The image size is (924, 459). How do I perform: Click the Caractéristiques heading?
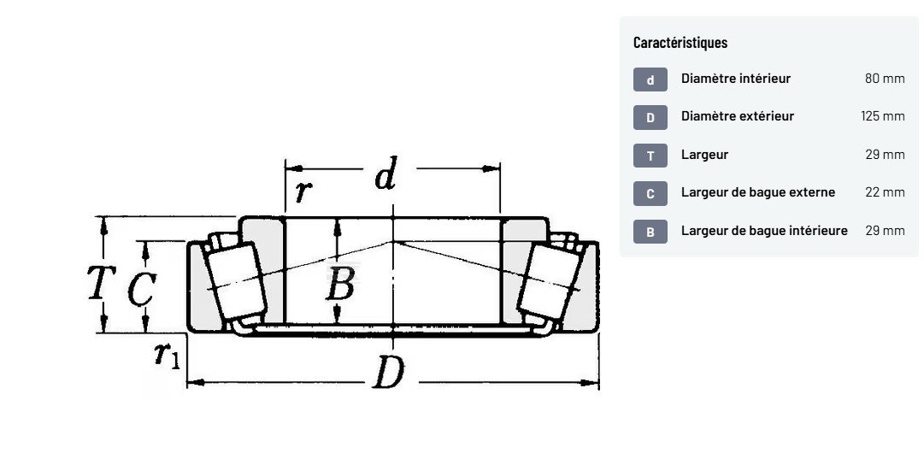[x=680, y=43]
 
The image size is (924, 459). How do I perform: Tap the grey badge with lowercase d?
[x=650, y=79]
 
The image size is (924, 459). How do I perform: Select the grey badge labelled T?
[x=650, y=156]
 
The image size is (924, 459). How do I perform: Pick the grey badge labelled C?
[x=650, y=194]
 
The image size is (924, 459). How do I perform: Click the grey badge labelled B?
[x=650, y=232]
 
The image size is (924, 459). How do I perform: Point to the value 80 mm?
[x=885, y=79]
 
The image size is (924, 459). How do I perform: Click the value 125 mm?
[x=883, y=116]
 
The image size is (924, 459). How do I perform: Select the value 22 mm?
[x=885, y=192]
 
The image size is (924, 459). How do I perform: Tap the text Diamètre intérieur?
[x=736, y=79]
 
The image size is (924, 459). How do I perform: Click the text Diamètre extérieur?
[x=738, y=116]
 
